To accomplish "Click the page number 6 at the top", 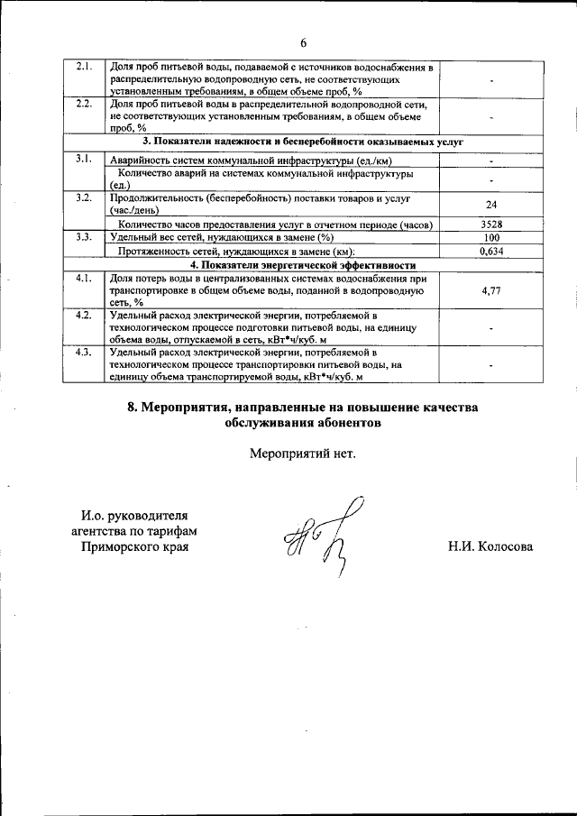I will (304, 42).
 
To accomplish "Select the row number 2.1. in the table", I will (84, 68).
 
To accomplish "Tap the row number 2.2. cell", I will (84, 105).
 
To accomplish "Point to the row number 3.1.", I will (84, 160).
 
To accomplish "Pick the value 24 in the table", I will (491, 205).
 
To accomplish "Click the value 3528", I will (491, 224).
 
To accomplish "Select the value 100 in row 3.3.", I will (491, 237).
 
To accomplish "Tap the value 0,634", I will (491, 252).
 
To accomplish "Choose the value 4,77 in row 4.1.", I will (491, 291).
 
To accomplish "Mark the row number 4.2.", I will (84, 316).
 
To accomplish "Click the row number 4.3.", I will (84, 353).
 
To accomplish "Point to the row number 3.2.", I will (84, 197).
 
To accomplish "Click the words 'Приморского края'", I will (135, 547).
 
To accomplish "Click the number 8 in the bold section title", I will (132, 408).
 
